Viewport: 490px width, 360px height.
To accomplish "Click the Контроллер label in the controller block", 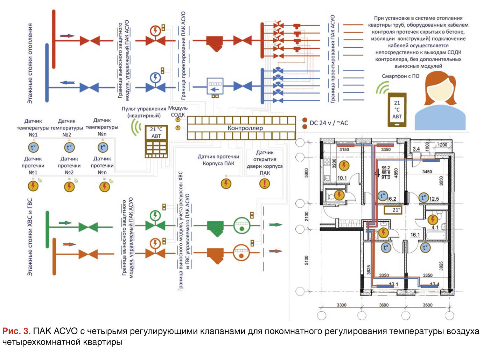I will point(245,128).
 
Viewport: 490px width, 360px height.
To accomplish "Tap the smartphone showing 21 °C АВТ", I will point(397,110).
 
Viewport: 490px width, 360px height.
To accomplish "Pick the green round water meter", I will point(241,225).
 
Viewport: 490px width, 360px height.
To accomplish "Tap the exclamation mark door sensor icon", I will point(265,183).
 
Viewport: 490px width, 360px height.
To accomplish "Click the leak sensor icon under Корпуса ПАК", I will point(226,183).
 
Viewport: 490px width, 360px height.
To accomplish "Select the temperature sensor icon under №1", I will point(33,147).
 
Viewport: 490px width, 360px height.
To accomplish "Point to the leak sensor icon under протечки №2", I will point(69,186).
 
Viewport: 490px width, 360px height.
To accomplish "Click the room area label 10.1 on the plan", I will point(342,178).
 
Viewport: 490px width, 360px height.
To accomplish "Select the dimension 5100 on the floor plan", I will point(307,260).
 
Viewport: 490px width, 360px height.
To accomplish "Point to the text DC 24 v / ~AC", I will point(329,123).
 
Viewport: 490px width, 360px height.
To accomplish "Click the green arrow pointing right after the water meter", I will point(276,225).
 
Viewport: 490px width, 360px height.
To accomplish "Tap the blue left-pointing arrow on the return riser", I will point(68,83).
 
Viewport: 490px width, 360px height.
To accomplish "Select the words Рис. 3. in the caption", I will point(16,331).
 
